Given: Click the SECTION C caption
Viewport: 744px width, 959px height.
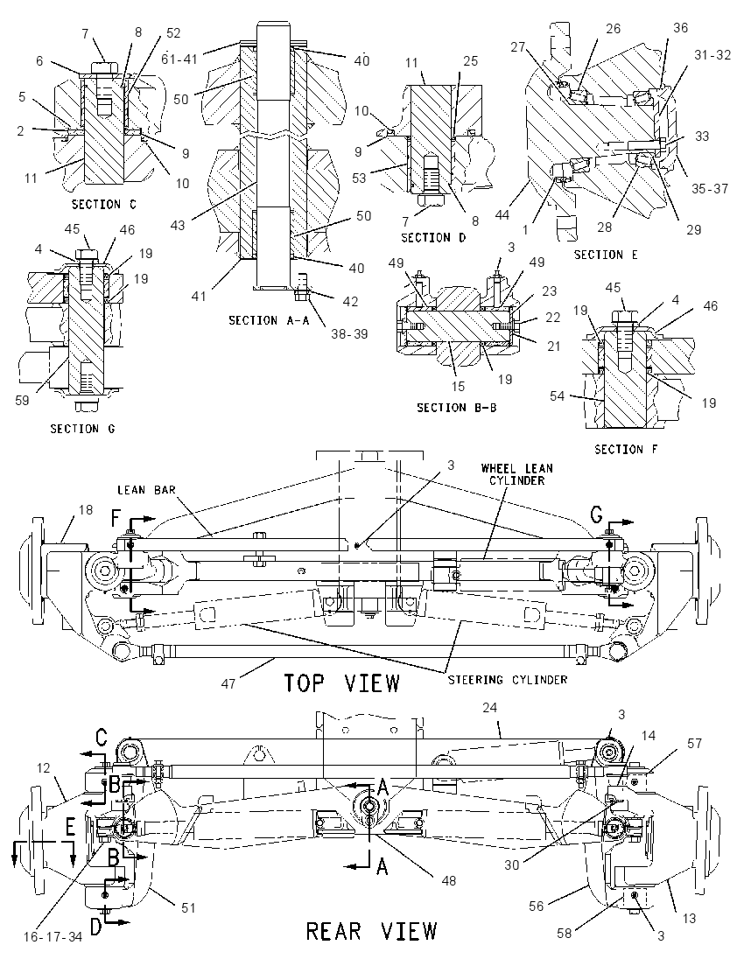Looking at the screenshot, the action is (x=104, y=204).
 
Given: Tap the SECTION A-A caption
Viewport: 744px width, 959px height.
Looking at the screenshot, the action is (x=270, y=320).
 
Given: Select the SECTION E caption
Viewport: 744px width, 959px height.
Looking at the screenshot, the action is (x=606, y=255).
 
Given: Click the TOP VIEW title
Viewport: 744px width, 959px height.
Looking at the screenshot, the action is (x=342, y=682).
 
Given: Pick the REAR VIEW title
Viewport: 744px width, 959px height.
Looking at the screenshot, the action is (x=371, y=932).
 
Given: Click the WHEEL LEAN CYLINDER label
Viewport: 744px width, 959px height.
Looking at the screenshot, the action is (x=517, y=474).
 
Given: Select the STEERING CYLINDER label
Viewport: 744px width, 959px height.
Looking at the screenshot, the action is (x=507, y=680).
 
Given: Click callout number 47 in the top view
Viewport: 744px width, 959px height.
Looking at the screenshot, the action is (x=228, y=683).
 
